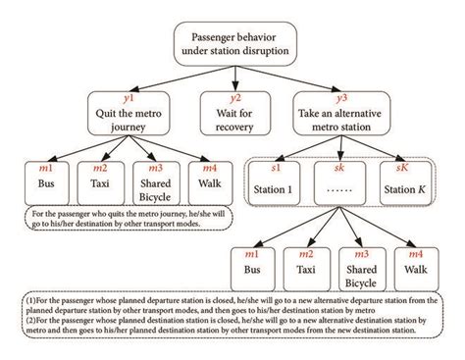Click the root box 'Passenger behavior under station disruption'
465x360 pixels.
pyautogui.click(x=232, y=43)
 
